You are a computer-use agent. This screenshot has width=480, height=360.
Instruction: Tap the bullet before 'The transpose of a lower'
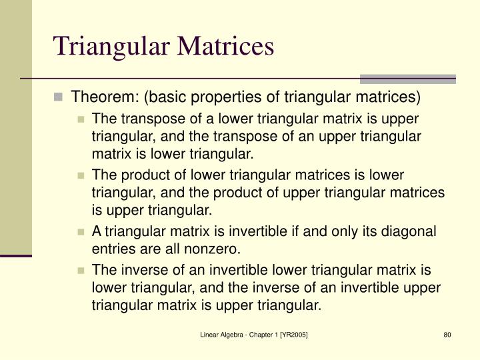pos(81,119)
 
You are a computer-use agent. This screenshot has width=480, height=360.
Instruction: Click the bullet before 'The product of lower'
pos(81,175)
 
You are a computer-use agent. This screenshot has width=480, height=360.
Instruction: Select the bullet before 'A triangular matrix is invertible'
pos(81,232)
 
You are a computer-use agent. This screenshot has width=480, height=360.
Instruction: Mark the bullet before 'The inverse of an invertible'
pos(81,271)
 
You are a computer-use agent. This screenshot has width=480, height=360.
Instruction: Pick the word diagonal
pos(407,231)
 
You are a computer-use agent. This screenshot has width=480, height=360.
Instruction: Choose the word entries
pos(113,249)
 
